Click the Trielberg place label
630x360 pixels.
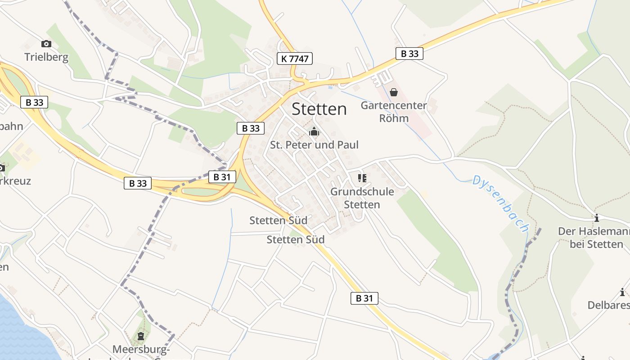[x=46, y=57]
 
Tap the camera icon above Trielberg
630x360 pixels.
[x=46, y=44]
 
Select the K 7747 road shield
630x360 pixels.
[x=294, y=58]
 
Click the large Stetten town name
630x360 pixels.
[x=319, y=109]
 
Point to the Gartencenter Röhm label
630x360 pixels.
[x=394, y=112]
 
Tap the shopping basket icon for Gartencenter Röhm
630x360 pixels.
[x=394, y=92]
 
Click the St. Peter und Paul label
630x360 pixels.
[x=314, y=145]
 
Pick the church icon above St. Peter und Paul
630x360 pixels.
[x=314, y=132]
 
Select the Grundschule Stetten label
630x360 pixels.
[x=362, y=198]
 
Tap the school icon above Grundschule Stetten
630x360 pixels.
[x=362, y=178]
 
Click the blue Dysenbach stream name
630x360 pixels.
[x=500, y=204]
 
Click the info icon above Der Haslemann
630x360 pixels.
[x=597, y=218]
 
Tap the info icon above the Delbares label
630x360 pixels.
[x=622, y=292]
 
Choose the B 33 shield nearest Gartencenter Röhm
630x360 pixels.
[x=409, y=54]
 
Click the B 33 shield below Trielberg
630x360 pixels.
[x=34, y=102]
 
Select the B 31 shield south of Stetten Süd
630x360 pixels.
[x=364, y=298]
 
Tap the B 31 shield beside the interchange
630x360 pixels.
[x=222, y=177]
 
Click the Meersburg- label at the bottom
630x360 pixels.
[x=141, y=349]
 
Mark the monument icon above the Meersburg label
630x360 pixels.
[x=141, y=336]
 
